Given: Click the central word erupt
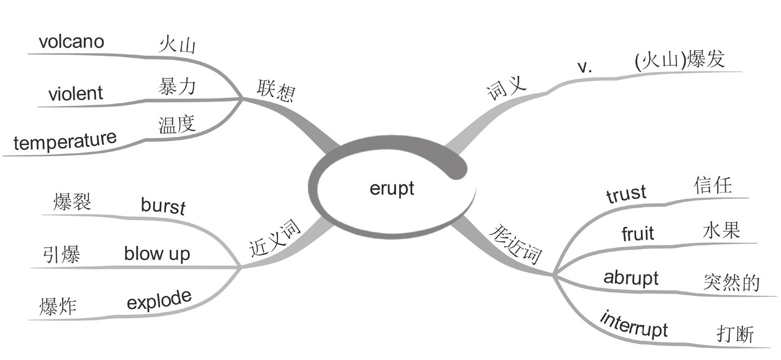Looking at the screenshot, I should (391, 188).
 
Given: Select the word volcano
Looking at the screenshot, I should (72, 42).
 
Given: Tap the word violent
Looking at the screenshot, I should (75, 94).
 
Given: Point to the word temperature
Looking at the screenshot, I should (65, 141).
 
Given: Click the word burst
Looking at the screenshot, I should (163, 206).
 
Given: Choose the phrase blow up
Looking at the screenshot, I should (157, 254).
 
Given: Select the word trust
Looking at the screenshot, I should (626, 194).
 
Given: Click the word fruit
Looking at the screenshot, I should (637, 233).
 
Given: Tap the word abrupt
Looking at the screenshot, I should (631, 277).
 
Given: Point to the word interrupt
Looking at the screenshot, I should (634, 325).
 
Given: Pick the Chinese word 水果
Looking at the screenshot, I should (721, 231).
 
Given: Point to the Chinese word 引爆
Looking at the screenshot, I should (62, 255).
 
